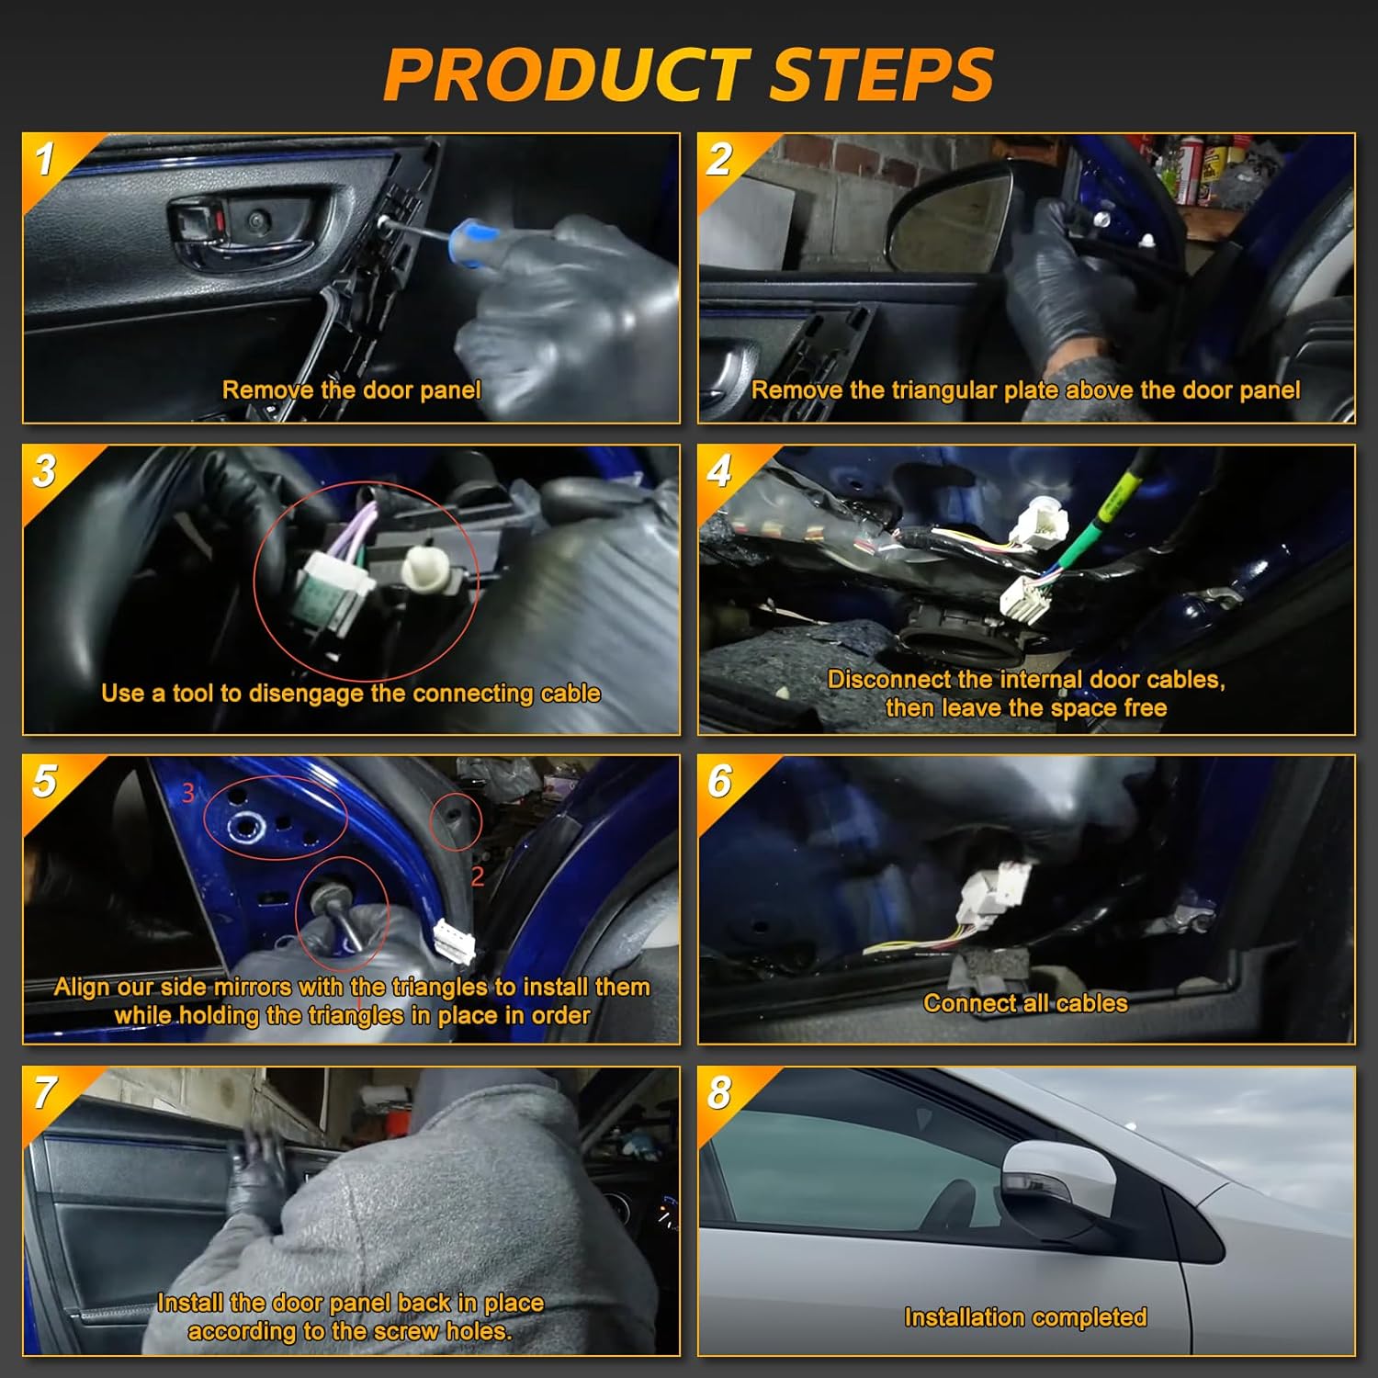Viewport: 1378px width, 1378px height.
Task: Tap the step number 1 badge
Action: coord(45,159)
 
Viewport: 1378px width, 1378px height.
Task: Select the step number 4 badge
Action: coord(719,471)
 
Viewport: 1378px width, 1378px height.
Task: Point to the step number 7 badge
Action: coord(45,1093)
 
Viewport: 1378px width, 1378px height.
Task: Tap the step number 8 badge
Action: coord(719,1093)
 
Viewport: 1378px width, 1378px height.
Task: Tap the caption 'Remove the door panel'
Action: coord(351,390)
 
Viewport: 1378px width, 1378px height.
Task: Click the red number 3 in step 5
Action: coord(188,792)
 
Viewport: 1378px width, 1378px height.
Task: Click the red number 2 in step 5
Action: coord(477,876)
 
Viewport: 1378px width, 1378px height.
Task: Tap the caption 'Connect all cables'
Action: coord(1025,1003)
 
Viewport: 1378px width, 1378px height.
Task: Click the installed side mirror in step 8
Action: coord(1056,1185)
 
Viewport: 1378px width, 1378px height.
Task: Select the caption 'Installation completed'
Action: coord(1025,1317)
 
